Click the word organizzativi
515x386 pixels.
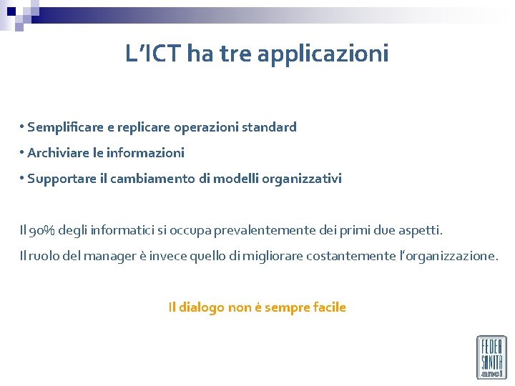coord(300,179)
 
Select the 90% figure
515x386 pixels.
coord(39,230)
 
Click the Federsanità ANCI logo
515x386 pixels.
coord(491,357)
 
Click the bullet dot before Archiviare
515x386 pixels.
coord(23,152)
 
